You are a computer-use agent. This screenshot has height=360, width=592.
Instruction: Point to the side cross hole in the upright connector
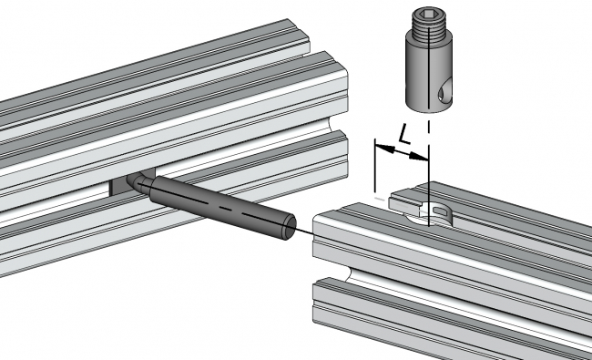point(443,90)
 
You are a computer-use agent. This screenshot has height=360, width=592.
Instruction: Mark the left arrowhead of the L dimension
point(381,147)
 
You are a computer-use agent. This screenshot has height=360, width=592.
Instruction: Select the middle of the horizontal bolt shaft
point(219,204)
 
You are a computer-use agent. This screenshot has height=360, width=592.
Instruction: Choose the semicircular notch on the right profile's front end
point(338,270)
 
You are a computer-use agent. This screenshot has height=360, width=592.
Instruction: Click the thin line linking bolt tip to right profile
point(303,231)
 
